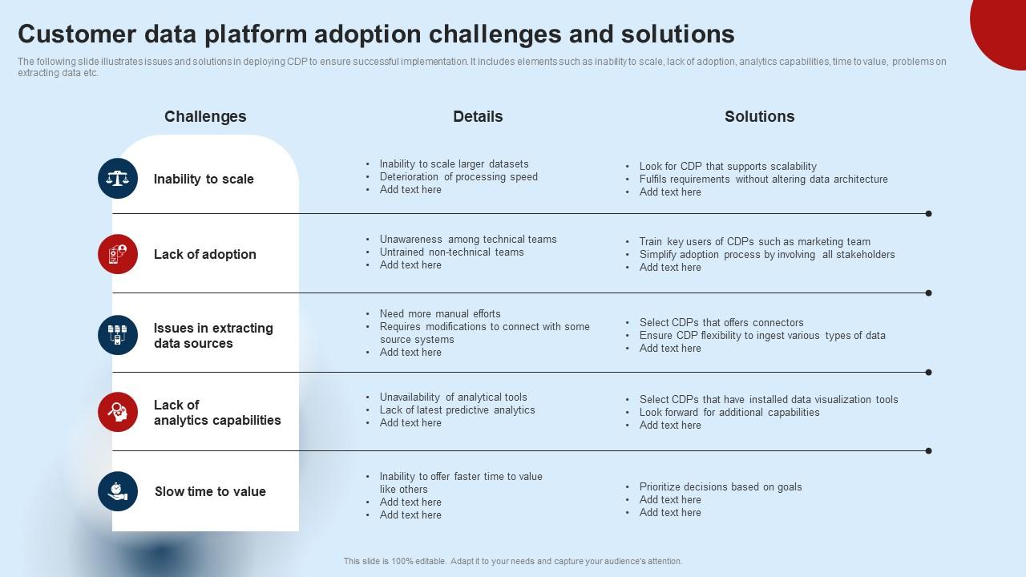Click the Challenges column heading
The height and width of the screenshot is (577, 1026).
click(x=205, y=116)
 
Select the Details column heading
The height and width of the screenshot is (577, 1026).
click(x=478, y=116)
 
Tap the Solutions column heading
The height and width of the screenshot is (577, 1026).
click(x=759, y=116)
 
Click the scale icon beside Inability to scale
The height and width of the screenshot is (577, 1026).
click(x=118, y=178)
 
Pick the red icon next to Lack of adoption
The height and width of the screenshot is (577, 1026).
click(x=118, y=254)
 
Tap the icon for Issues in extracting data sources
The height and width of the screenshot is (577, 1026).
click(x=118, y=335)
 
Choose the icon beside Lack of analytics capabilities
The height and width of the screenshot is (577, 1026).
click(x=118, y=412)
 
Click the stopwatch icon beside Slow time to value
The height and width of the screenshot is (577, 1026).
click(x=118, y=491)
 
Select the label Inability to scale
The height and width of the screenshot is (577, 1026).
click(x=204, y=179)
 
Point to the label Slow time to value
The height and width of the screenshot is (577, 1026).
click(x=210, y=491)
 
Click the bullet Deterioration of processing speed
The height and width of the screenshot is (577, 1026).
click(x=458, y=177)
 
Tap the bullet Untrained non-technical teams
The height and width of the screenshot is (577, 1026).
click(x=451, y=252)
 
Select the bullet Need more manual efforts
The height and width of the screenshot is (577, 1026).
click(x=440, y=314)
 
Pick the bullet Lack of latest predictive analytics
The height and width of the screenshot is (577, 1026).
click(x=457, y=410)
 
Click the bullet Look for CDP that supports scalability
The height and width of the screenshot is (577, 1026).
click(x=728, y=167)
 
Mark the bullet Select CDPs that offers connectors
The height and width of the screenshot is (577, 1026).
click(x=721, y=323)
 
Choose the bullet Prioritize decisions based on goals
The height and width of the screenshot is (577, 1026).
click(x=721, y=487)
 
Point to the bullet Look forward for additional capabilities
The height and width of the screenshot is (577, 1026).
click(x=729, y=413)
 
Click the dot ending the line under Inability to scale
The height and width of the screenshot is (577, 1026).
click(x=928, y=214)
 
